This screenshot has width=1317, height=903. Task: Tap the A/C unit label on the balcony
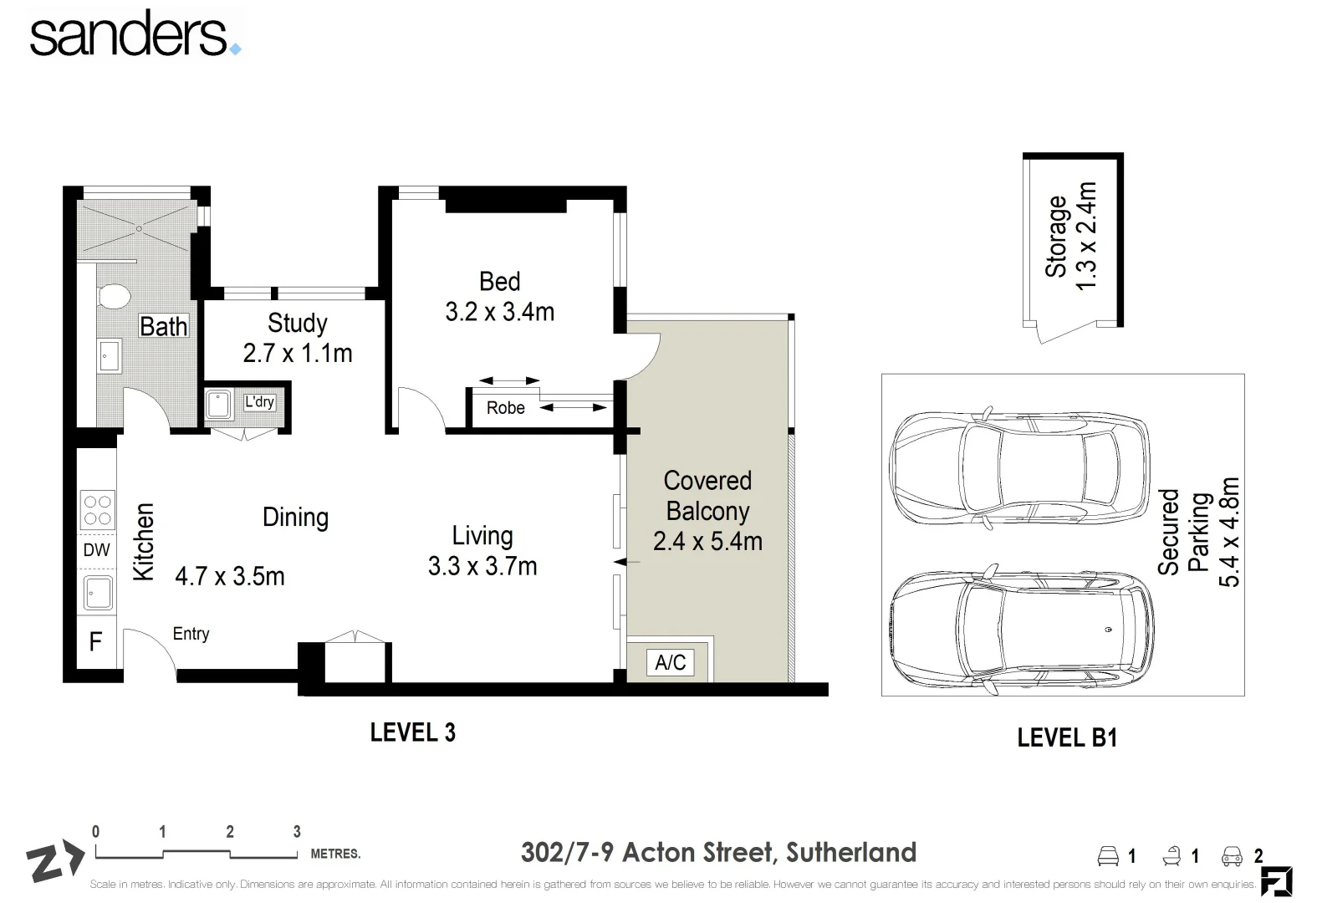tap(671, 662)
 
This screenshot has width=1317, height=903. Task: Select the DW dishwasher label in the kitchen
tap(96, 550)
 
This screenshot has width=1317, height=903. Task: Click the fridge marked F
tap(96, 641)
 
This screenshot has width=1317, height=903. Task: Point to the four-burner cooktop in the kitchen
tap(98, 510)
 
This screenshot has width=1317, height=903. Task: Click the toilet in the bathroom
tap(114, 297)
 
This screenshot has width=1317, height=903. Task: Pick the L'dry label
tap(259, 402)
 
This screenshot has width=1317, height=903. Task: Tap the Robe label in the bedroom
tap(506, 407)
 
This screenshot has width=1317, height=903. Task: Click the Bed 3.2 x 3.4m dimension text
tap(500, 312)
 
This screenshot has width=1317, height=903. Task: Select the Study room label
tap(298, 324)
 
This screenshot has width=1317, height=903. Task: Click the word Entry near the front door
tap(191, 634)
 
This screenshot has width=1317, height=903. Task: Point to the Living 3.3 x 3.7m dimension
tap(482, 566)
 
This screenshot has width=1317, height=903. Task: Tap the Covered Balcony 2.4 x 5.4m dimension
tap(708, 542)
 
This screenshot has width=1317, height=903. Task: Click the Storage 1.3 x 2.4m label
tap(1071, 237)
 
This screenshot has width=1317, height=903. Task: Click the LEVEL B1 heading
tap(1067, 737)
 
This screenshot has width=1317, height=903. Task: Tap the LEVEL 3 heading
tap(413, 732)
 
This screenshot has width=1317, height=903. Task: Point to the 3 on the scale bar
tap(297, 832)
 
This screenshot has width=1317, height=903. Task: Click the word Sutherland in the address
tap(851, 853)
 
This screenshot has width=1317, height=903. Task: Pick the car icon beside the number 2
tap(1232, 856)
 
